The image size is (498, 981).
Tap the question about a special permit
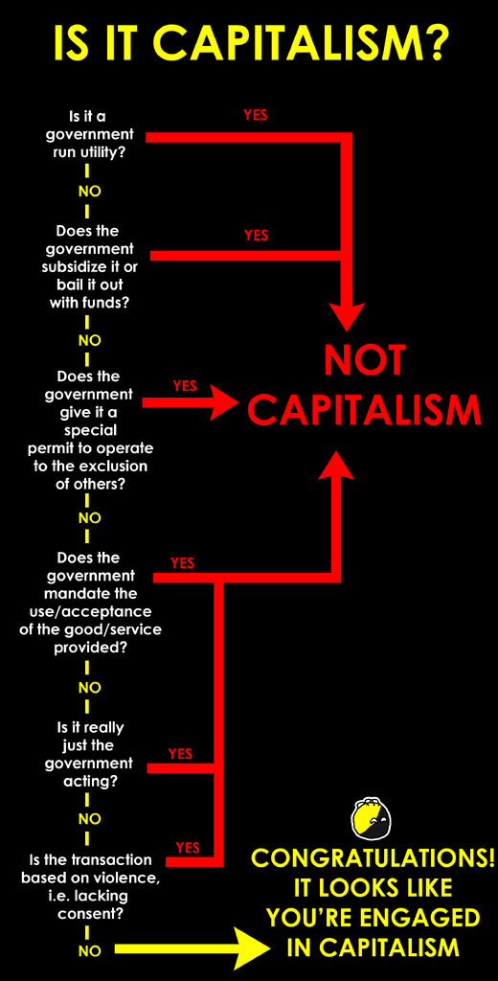(90, 430)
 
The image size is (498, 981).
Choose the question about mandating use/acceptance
(90, 602)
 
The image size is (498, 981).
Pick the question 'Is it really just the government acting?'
(89, 755)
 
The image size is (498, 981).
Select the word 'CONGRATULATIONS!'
(373, 858)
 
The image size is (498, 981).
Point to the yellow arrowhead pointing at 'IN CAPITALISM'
(252, 949)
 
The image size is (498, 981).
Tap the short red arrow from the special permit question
(191, 401)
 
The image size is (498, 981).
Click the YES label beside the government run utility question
(256, 115)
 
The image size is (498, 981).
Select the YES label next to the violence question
(188, 848)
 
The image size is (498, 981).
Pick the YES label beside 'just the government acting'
(180, 754)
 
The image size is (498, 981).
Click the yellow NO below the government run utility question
(89, 192)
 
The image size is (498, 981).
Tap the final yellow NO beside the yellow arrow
(89, 951)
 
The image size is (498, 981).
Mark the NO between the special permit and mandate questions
(89, 518)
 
